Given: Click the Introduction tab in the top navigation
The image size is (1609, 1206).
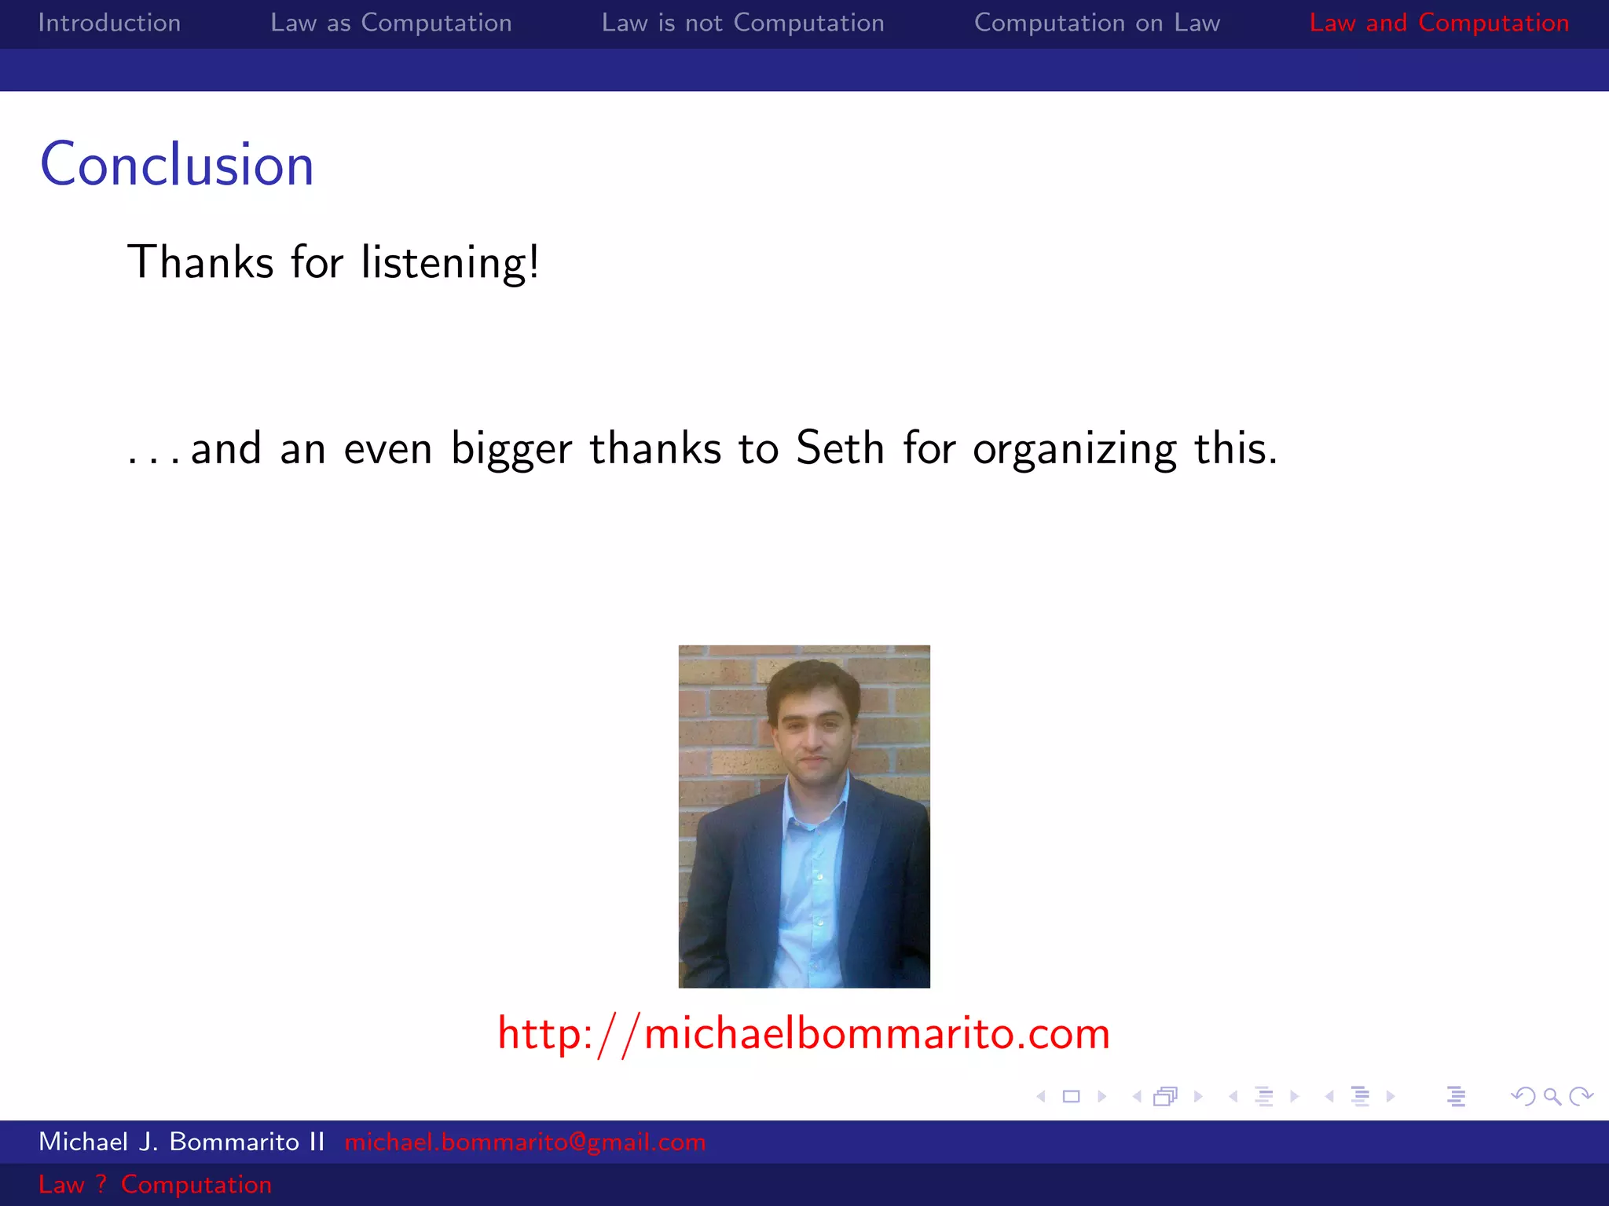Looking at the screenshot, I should (x=109, y=23).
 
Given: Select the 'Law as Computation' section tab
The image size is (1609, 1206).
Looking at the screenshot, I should (x=390, y=23).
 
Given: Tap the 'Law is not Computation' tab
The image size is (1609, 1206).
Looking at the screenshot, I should (x=742, y=23).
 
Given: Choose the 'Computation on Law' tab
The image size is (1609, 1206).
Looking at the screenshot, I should (x=1097, y=23).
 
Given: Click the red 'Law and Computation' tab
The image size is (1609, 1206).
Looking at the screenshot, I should (x=1439, y=23).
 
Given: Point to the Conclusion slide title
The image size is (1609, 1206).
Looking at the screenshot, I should (x=177, y=165).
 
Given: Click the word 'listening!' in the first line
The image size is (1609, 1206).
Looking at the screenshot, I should (x=450, y=262).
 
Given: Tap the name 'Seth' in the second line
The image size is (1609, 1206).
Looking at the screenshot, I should (x=840, y=448).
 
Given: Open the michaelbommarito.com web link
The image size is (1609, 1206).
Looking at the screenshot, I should (x=804, y=1033).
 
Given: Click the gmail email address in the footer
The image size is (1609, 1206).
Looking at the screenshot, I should (x=525, y=1142).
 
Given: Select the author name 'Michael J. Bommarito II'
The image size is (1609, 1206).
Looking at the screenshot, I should (x=181, y=1142).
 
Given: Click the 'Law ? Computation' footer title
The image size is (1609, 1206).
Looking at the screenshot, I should (x=155, y=1184).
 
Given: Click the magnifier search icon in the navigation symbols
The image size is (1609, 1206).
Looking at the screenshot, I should (x=1552, y=1096).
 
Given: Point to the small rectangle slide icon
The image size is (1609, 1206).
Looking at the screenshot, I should (x=1071, y=1096).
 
